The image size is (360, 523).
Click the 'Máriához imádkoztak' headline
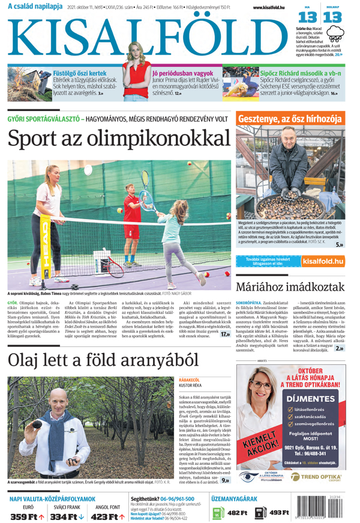(x=290, y=287)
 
